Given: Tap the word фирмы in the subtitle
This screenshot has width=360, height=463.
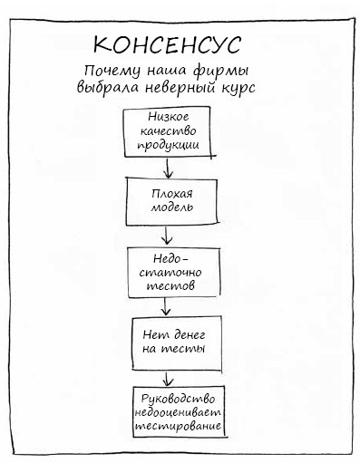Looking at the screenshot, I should [x=224, y=71].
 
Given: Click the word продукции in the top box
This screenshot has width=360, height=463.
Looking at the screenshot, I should [x=171, y=145].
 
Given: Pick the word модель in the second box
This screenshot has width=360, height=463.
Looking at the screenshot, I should [x=171, y=207].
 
